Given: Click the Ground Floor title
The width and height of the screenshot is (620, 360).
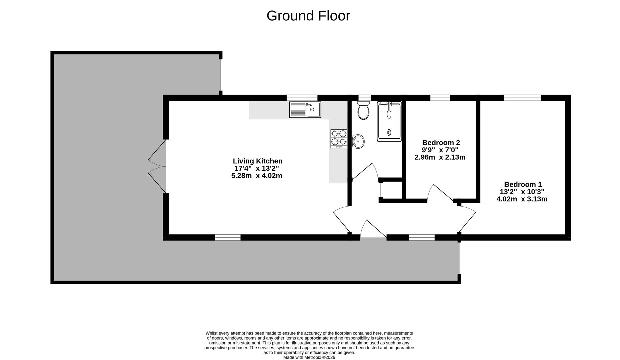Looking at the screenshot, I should pos(308,16).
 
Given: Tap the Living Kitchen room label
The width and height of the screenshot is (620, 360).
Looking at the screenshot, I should pos(257,161).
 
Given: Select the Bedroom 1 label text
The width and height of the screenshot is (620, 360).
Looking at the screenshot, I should pos(523,184).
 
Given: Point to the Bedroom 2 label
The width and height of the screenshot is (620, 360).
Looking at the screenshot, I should pos(441,143).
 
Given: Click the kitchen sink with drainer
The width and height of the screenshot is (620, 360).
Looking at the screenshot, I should pos(305,110).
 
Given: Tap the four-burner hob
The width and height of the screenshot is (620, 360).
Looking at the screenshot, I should pos(339,139).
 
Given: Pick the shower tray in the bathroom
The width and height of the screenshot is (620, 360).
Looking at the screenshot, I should pos(389,122).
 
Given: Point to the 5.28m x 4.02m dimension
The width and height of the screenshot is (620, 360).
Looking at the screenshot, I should pos(257,176).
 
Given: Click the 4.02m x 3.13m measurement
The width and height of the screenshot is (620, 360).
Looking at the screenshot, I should pos(522,199).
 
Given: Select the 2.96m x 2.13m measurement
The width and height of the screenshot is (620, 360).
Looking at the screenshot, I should pos(440,157).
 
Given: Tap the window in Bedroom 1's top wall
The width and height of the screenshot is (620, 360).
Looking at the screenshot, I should pos(522,98).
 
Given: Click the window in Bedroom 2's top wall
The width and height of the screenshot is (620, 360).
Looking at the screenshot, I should pos(440,98).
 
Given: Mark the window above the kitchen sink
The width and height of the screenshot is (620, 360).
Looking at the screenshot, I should pos(302,98).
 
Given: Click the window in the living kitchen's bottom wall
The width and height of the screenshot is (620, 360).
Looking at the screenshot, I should pos(228,237).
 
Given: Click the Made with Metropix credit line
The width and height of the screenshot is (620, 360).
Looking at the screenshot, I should pos(309,357).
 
